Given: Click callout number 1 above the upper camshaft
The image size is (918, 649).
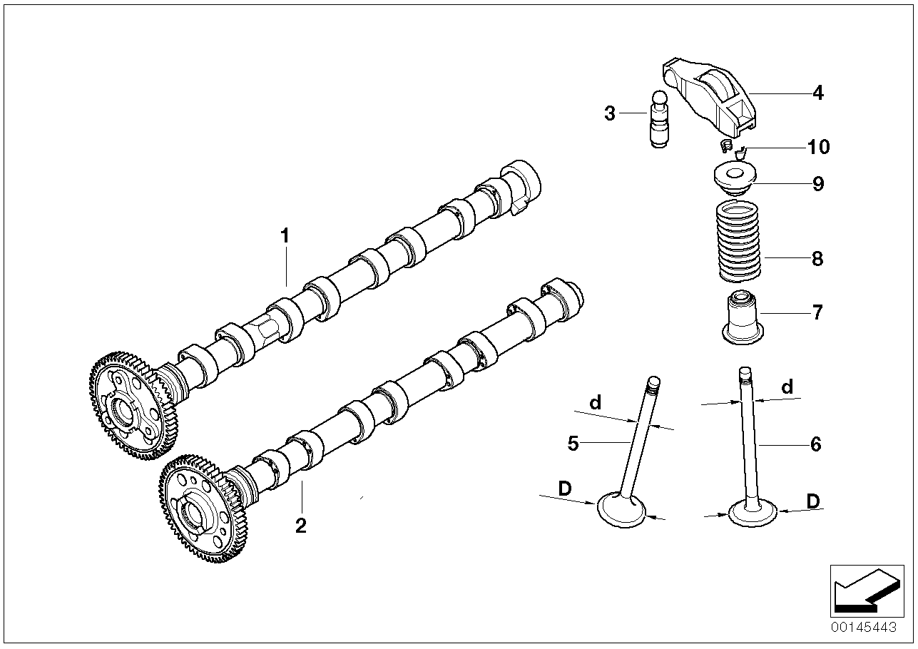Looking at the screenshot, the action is pyautogui.click(x=285, y=236).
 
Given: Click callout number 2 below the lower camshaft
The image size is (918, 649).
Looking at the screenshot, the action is pyautogui.click(x=301, y=526).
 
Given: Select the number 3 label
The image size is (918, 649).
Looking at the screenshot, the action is pyautogui.click(x=610, y=113).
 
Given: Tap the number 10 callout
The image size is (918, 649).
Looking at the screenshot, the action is pyautogui.click(x=818, y=147).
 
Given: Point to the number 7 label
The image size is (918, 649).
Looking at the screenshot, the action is pyautogui.click(x=817, y=312).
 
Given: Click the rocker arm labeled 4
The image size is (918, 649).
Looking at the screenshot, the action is pyautogui.click(x=709, y=98).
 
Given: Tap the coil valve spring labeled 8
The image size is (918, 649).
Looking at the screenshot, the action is pyautogui.click(x=738, y=241).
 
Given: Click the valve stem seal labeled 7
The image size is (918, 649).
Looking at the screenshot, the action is pyautogui.click(x=743, y=317).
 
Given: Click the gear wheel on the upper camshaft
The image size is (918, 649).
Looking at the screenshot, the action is pyautogui.click(x=133, y=405).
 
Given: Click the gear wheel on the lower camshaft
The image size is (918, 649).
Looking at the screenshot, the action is pyautogui.click(x=204, y=508).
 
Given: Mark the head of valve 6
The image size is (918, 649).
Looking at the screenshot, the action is pyautogui.click(x=753, y=513).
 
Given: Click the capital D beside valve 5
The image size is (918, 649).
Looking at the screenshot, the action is pyautogui.click(x=565, y=489).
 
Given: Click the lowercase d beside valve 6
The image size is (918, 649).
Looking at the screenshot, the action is pyautogui.click(x=787, y=387).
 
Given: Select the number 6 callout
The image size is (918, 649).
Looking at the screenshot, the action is pyautogui.click(x=816, y=444).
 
